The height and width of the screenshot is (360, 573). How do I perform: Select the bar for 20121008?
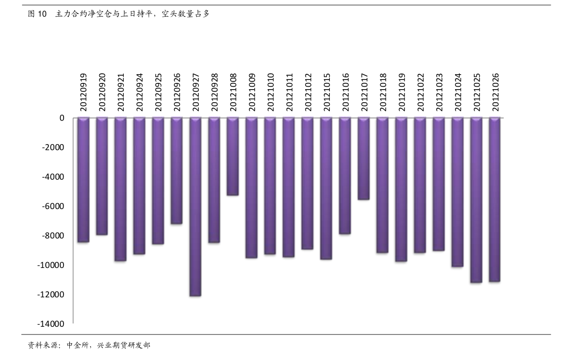[233, 156]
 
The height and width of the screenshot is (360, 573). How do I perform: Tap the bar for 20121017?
[364, 159]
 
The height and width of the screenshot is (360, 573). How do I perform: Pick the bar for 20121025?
[476, 200]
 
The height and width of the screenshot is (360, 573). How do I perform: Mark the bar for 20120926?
[177, 171]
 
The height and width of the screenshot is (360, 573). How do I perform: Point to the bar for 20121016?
[345, 175]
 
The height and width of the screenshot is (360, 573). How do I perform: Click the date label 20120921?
[121, 92]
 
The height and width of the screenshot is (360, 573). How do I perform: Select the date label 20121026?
[495, 92]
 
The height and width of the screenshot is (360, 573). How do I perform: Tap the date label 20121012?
[308, 92]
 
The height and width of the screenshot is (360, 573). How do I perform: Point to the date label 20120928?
[214, 92]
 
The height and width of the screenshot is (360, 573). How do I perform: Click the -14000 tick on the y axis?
[51, 324]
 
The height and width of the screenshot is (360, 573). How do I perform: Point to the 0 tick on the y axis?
[62, 118]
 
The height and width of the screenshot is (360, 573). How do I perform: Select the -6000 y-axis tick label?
[53, 206]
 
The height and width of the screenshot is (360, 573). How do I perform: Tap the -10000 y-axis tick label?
[51, 265]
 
